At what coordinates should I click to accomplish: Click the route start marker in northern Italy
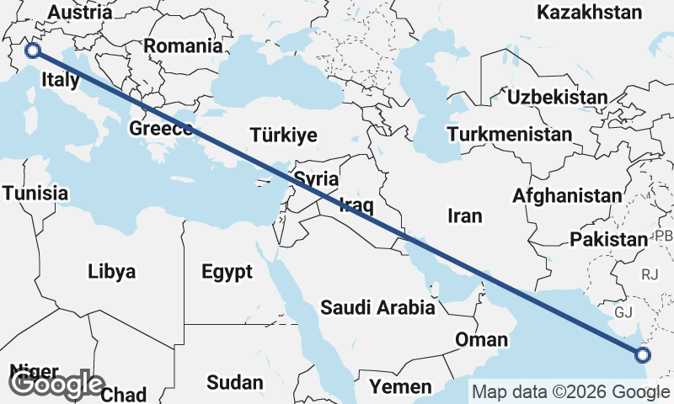[32, 50]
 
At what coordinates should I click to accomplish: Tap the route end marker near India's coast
[642, 354]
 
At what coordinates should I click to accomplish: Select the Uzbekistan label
[557, 97]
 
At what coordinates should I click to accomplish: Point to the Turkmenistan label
[510, 134]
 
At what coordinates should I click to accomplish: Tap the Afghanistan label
[567, 196]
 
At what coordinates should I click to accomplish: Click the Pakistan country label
[607, 240]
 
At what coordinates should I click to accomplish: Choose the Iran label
[464, 216]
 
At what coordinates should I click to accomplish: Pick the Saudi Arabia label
[377, 307]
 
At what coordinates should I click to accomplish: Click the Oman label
[481, 340]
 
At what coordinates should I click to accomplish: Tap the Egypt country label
[227, 272]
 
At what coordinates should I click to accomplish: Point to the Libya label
[111, 272]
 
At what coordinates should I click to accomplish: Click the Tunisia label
[35, 193]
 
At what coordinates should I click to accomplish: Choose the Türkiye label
[283, 135]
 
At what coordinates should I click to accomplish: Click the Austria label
[80, 13]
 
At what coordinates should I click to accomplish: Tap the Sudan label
[234, 383]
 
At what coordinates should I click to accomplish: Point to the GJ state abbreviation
[623, 312]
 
